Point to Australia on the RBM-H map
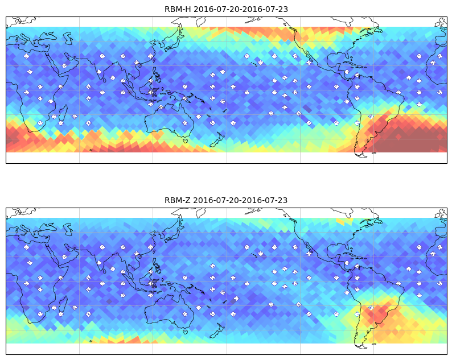[170, 120]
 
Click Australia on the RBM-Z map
[170, 311]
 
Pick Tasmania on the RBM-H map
[185, 141]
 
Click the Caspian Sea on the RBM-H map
[68, 39]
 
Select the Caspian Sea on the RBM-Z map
[68, 230]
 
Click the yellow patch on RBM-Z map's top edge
[344, 221]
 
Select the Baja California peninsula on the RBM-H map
[306, 55]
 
